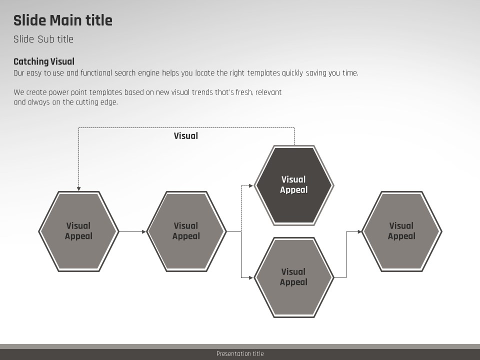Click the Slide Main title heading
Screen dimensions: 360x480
pos(63,20)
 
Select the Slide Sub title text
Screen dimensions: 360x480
pos(43,39)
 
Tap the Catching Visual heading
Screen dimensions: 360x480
pos(44,61)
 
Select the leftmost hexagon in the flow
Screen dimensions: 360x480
pos(78,231)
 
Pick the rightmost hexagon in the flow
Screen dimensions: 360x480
pos(401,231)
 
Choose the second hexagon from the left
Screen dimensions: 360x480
pos(186,231)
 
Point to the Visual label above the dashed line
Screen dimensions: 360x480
pos(186,135)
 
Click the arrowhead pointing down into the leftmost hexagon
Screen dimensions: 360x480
pos(78,189)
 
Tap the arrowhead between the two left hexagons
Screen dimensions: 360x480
pos(144,231)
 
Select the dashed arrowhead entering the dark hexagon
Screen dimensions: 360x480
pos(251,185)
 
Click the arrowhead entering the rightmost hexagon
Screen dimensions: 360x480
pos(359,231)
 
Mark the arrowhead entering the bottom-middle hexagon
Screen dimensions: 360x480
pos(251,277)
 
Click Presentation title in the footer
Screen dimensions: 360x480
pos(240,354)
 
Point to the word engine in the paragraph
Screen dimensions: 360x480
pos(147,73)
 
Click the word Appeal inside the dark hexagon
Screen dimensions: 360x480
pos(293,190)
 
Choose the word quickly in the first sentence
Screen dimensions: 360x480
pos(292,73)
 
